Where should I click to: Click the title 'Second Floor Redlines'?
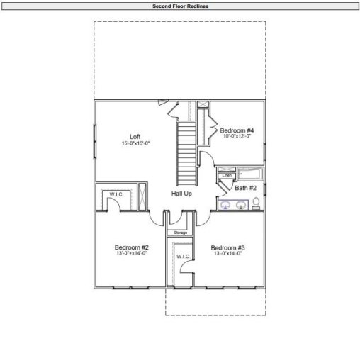(x=180, y=5)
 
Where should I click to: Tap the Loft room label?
(x=135, y=136)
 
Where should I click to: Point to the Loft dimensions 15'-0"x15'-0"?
(x=135, y=143)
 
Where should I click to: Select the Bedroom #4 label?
(x=237, y=130)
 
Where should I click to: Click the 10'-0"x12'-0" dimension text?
(x=237, y=137)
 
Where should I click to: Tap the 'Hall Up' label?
(x=182, y=193)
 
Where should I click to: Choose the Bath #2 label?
(x=246, y=188)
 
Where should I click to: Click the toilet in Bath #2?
(x=256, y=204)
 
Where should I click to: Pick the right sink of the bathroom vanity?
(x=241, y=205)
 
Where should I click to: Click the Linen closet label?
(x=227, y=175)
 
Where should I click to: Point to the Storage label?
(x=181, y=233)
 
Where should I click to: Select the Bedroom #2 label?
(x=131, y=247)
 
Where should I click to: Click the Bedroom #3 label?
(x=227, y=247)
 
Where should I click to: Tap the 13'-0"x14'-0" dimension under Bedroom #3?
(x=227, y=254)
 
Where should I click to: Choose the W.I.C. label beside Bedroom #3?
(x=181, y=256)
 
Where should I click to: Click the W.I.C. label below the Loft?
(x=116, y=194)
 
